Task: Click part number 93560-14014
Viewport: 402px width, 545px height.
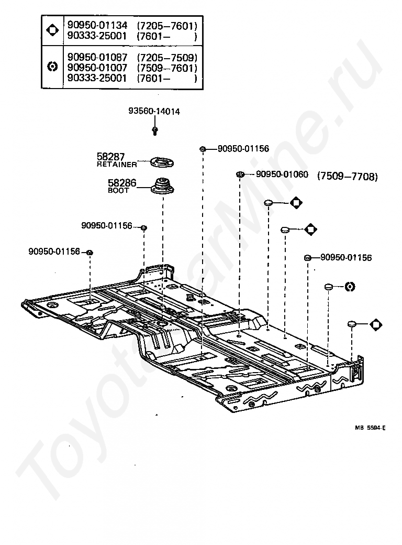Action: (154, 112)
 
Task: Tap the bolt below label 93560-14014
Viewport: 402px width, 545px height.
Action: (155, 130)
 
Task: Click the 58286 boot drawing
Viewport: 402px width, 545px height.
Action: (162, 186)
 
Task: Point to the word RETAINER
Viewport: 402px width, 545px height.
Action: (117, 165)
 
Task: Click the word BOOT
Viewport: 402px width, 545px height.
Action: (118, 190)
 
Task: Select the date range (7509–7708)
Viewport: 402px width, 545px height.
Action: (348, 177)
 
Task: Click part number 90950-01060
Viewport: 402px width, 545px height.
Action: (282, 174)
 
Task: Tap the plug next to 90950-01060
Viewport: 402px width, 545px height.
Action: (239, 174)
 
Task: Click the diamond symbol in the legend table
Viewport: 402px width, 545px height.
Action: (52, 30)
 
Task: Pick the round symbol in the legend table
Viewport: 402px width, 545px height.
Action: (52, 67)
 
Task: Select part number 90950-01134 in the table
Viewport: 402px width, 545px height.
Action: (97, 25)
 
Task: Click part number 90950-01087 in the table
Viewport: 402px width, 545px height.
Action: (97, 57)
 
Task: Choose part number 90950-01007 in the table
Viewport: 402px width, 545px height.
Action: (97, 68)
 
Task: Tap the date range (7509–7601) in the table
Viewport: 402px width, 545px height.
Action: (167, 68)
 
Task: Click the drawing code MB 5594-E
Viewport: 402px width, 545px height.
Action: (370, 428)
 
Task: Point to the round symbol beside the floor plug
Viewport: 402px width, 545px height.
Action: (350, 287)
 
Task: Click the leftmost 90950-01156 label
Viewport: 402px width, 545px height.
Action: (54, 252)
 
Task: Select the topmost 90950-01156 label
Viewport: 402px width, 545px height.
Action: (243, 149)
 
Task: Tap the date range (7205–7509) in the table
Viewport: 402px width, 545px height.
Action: (167, 57)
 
